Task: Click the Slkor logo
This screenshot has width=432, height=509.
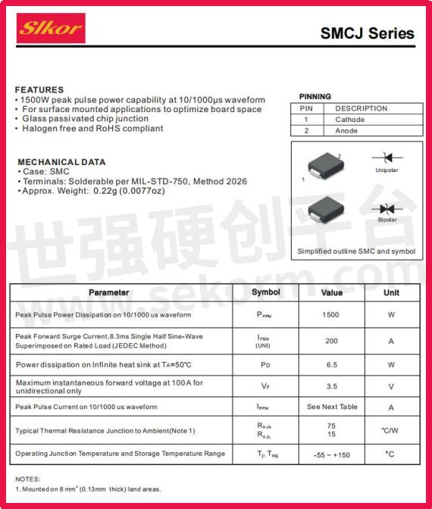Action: tap(51, 28)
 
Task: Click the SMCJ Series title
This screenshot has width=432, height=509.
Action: tap(367, 33)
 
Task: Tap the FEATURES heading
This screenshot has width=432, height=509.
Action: tap(39, 89)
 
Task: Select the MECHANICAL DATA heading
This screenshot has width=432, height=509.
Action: tap(61, 161)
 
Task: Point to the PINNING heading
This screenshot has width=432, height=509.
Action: tap(315, 96)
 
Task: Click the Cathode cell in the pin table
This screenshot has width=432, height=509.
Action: tap(349, 120)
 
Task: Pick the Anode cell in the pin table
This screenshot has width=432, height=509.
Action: tap(346, 131)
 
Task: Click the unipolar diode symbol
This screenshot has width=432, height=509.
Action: tap(387, 158)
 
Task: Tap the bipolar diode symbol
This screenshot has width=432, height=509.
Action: tap(387, 208)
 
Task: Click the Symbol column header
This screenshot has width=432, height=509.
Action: tap(266, 292)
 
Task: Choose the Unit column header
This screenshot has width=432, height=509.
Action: tap(391, 292)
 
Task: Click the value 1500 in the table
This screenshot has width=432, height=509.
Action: tap(330, 314)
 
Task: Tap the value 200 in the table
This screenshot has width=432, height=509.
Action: tap(331, 341)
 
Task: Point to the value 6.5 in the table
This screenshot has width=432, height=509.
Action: tap(331, 364)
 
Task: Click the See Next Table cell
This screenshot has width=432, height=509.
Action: tap(332, 407)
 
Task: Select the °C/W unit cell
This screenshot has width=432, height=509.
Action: tap(390, 430)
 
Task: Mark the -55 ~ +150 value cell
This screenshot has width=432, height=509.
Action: tap(331, 454)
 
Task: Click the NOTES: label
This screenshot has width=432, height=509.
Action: tap(27, 479)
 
